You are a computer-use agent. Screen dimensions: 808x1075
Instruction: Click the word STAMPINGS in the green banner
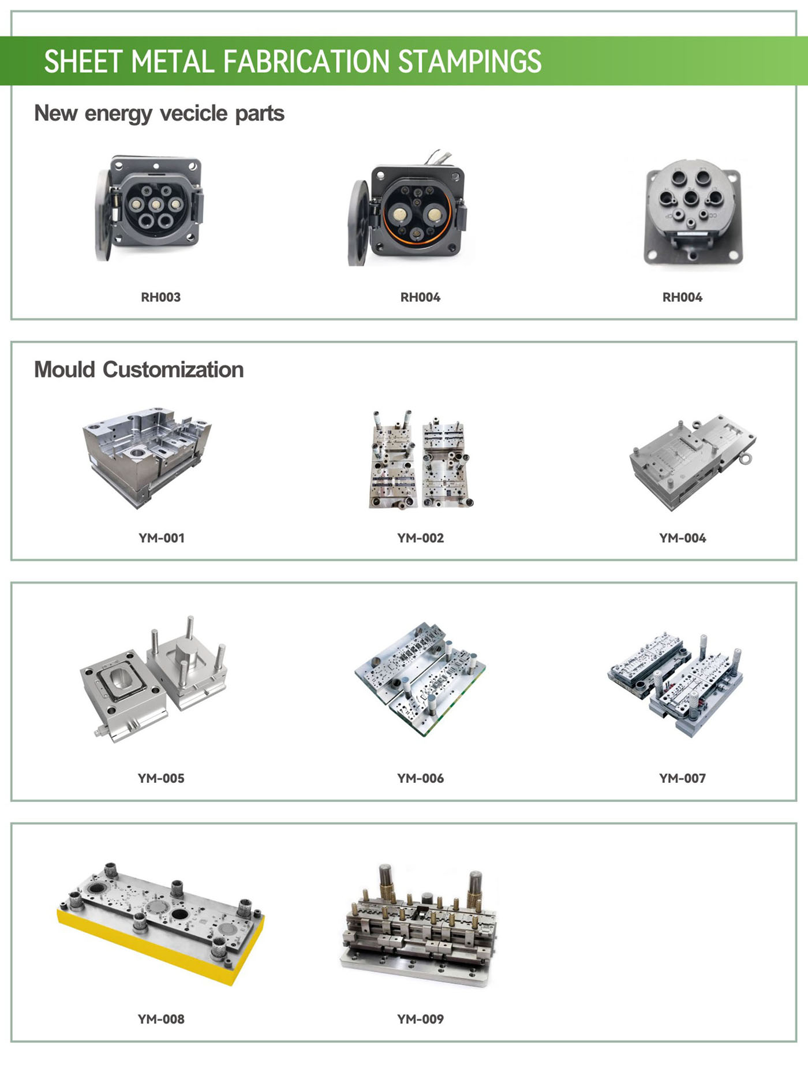click(x=470, y=62)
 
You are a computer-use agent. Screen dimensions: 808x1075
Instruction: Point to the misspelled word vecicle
click(x=193, y=113)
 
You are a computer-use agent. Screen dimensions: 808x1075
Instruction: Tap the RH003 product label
click(x=161, y=297)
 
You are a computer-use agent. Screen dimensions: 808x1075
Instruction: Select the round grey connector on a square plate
click(x=693, y=214)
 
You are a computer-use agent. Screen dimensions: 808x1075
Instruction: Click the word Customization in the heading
click(x=173, y=369)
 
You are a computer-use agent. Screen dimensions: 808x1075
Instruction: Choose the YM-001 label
click(x=162, y=538)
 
